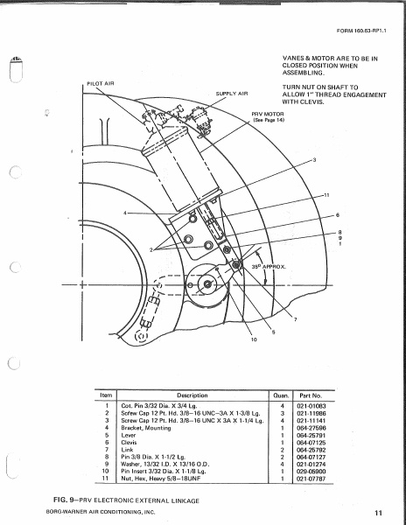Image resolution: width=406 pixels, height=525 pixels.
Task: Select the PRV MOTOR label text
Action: tap(269, 114)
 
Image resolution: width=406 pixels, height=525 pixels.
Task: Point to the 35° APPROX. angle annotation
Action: tap(271, 264)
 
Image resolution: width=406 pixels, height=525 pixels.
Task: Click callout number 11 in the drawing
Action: tap(326, 193)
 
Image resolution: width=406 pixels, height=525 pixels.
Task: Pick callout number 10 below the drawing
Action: tap(229, 339)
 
